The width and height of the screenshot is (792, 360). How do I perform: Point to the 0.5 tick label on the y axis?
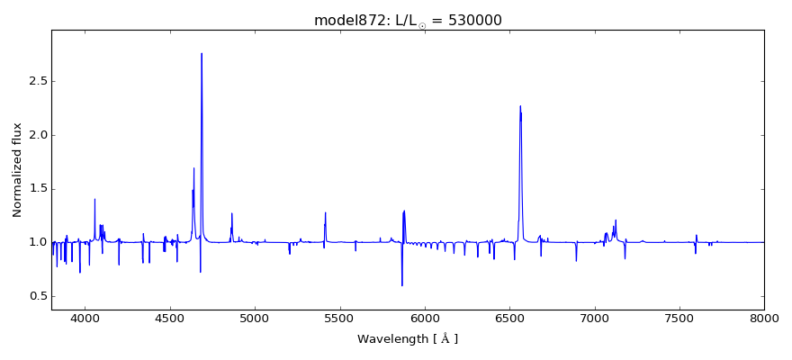pyautogui.click(x=37, y=296)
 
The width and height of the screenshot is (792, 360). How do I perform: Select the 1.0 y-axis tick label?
pyautogui.click(x=37, y=243)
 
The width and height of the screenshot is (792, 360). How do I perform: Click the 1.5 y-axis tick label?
pyautogui.click(x=37, y=189)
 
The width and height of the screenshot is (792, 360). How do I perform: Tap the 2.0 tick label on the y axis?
pyautogui.click(x=37, y=135)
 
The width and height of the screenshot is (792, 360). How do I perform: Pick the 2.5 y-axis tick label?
pyautogui.click(x=37, y=81)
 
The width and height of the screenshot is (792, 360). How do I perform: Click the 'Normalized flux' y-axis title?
pyautogui.click(x=17, y=170)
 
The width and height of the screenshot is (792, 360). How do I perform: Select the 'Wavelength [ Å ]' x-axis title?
pyautogui.click(x=408, y=339)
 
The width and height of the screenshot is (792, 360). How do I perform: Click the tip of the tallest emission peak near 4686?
pyautogui.click(x=202, y=54)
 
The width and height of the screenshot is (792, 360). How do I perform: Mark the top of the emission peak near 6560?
pyautogui.click(x=520, y=106)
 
